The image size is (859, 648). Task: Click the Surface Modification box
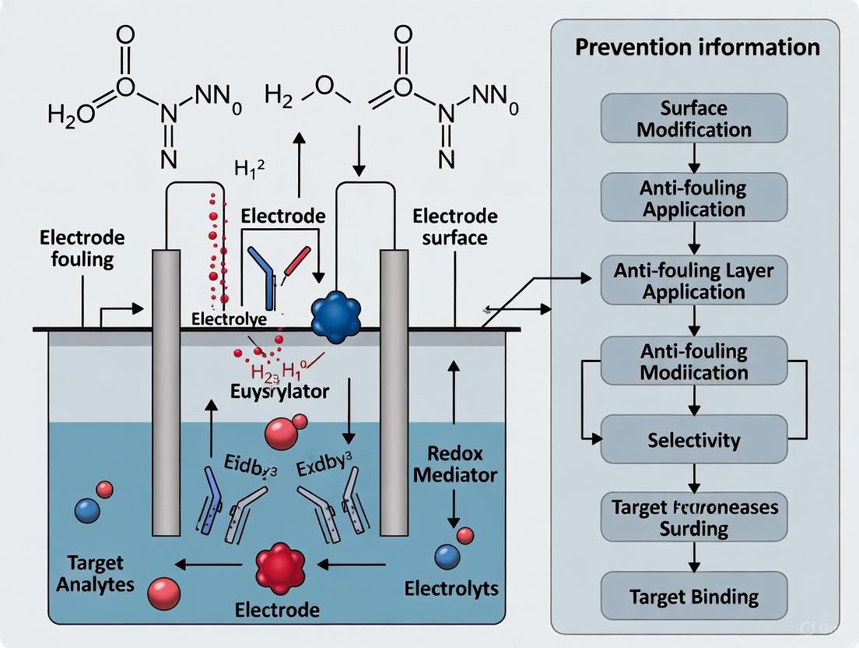point(694,118)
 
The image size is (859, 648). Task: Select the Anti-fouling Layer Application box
point(694,280)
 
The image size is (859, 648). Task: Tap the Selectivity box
point(694,440)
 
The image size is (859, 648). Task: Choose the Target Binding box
point(694,597)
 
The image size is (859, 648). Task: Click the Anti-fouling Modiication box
point(694,361)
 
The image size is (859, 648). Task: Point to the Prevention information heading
point(696,47)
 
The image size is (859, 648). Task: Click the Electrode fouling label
point(80,249)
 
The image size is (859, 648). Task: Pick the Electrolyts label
point(451,588)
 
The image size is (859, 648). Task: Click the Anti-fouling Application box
point(694,199)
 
